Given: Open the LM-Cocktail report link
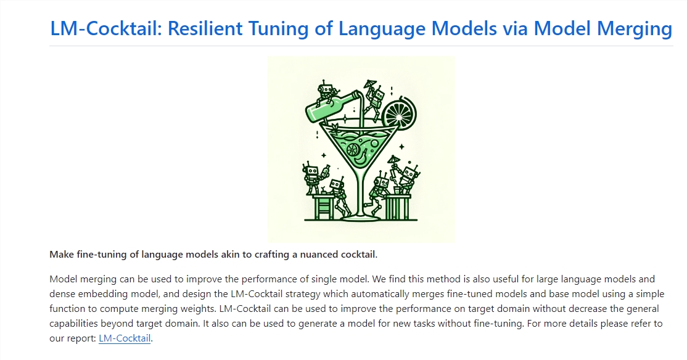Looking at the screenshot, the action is (125, 338).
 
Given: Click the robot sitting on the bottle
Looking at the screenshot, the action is (327, 91).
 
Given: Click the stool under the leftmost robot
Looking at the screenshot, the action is (323, 207).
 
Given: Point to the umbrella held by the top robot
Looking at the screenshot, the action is (370, 83).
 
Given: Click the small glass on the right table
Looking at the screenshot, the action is (397, 190).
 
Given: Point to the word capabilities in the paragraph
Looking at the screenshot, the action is (73, 324).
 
